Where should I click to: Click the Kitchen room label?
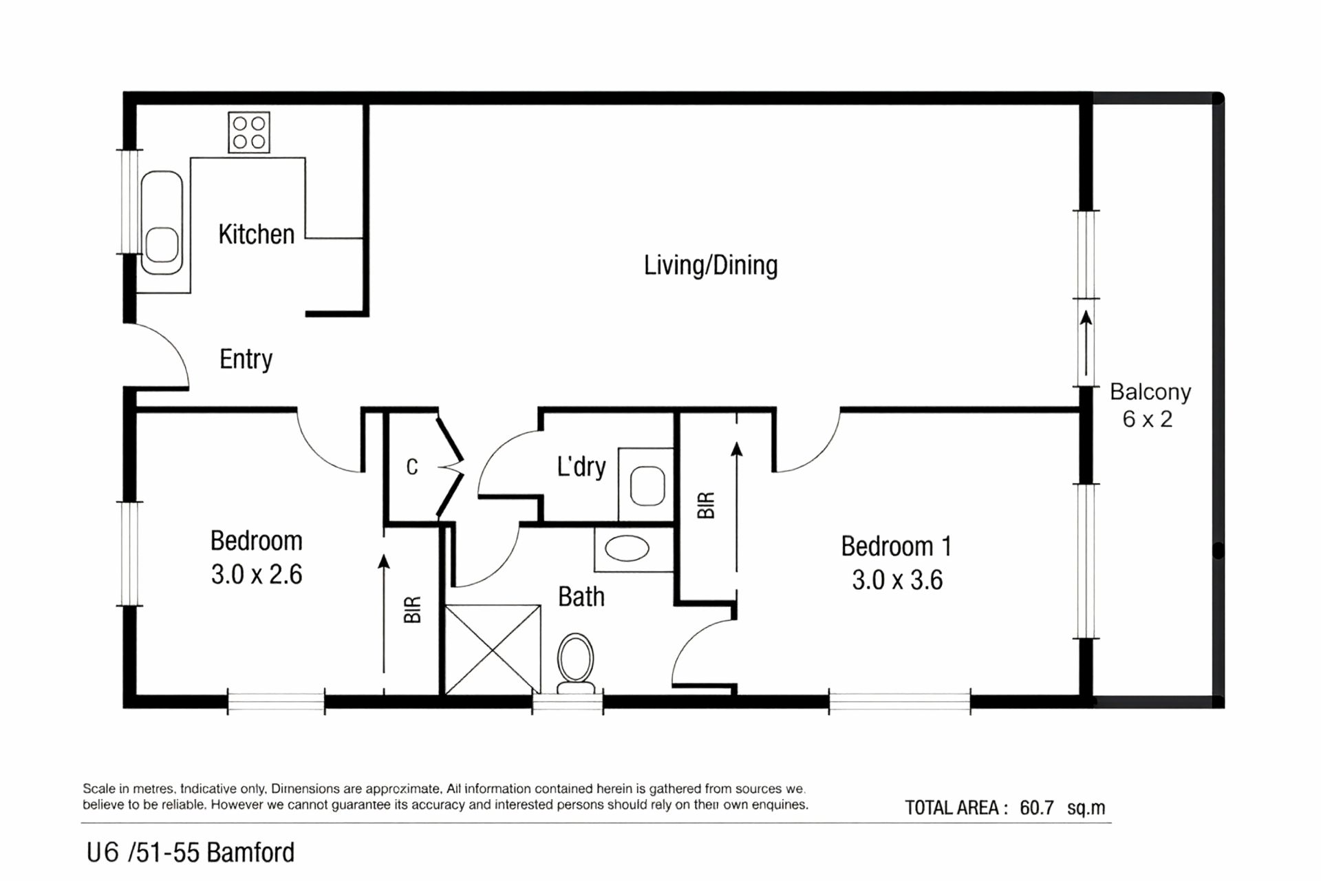256,235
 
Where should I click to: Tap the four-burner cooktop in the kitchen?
249,132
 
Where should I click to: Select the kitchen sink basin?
162,245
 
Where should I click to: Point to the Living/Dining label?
711,266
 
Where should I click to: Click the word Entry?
246,359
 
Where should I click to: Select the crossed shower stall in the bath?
493,649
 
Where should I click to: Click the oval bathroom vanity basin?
627,549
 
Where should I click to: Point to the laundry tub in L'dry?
647,485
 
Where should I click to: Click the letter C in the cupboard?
412,467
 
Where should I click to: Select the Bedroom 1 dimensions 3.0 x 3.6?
897,580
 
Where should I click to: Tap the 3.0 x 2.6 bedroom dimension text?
257,575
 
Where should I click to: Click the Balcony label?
1150,392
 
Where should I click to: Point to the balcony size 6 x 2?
1147,419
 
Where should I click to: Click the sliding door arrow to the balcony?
1086,343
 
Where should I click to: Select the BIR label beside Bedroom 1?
706,505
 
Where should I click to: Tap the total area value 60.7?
1037,807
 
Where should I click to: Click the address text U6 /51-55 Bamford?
191,853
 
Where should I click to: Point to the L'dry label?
581,467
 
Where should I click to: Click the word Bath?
581,597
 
